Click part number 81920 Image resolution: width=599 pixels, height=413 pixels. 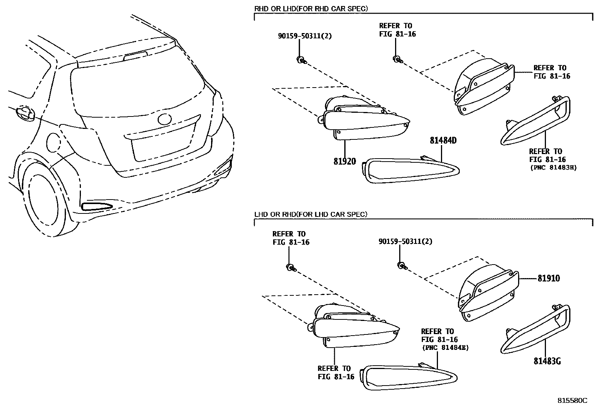click(x=344, y=162)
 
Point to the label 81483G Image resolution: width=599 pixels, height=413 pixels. click(x=547, y=361)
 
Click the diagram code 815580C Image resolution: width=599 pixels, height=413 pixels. click(x=572, y=401)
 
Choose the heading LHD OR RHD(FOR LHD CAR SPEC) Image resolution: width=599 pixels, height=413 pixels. click(x=310, y=214)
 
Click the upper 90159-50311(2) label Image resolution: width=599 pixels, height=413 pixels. click(x=305, y=36)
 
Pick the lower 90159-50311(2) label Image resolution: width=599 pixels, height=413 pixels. click(x=405, y=241)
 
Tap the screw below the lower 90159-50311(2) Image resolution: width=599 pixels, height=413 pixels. click(x=401, y=265)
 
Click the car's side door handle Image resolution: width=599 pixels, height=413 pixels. click(x=24, y=113)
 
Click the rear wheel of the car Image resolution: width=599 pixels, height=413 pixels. click(x=44, y=203)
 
